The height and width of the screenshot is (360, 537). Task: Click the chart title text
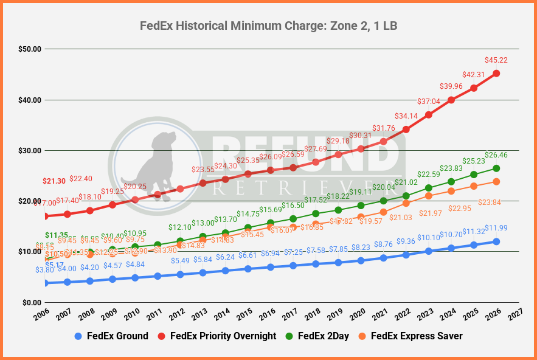[268, 26]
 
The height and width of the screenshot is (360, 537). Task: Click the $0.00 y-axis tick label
[30, 302]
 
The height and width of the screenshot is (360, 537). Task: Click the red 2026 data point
[496, 73]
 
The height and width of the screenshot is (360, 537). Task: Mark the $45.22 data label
[496, 60]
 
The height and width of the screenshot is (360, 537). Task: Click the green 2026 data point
[496, 168]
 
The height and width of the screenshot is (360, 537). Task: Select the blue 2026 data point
[496, 241]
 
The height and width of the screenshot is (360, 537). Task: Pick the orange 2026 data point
[496, 181]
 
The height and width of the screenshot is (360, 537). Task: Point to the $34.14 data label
[406, 116]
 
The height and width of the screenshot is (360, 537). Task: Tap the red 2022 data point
[406, 130]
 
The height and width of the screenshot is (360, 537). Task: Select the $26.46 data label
[496, 154]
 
